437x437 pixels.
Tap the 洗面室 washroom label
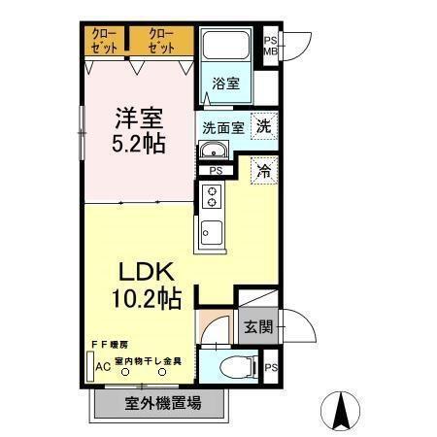point(223,127)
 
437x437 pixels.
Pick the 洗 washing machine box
point(263,125)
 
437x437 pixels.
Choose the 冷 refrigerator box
point(262,171)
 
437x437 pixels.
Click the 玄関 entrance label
point(259,325)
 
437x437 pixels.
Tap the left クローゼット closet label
point(104,42)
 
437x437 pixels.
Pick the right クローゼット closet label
point(160,42)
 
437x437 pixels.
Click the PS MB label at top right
point(271,46)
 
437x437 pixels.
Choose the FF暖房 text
point(112,344)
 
